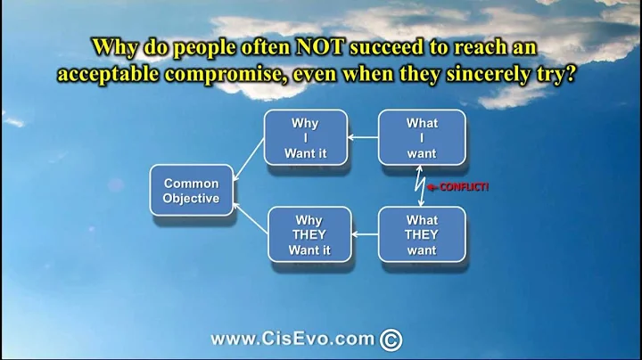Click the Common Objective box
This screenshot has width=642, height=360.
coord(192,190)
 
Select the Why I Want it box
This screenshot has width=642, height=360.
coord(306,138)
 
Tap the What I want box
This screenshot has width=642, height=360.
coord(422,138)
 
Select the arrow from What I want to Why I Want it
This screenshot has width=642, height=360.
coord(363,138)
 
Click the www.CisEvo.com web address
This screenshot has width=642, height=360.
coord(291,340)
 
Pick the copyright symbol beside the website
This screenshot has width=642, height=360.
coord(391,340)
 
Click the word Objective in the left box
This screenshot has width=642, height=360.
coord(192,198)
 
